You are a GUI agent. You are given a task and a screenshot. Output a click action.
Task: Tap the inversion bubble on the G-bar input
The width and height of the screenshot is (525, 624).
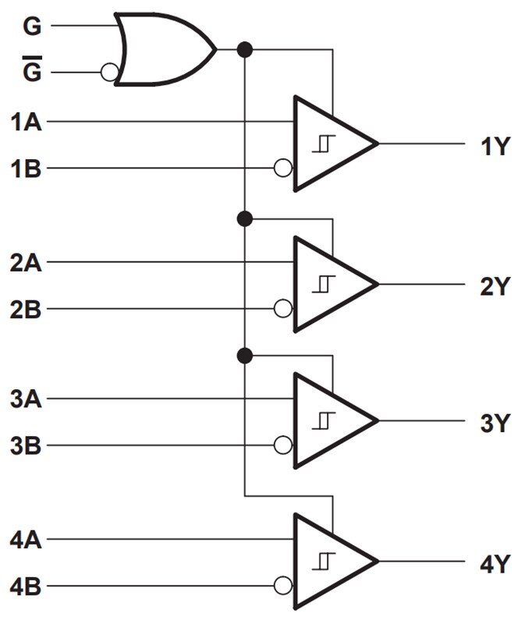coord(110,73)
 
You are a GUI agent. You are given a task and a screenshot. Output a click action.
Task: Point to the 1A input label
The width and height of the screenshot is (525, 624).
coord(26,122)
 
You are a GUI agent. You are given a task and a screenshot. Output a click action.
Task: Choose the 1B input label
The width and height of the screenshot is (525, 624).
coord(26,168)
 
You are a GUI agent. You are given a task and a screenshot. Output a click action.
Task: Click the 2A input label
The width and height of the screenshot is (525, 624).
coord(26,263)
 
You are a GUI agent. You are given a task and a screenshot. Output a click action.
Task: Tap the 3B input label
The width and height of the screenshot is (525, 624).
coord(26,447)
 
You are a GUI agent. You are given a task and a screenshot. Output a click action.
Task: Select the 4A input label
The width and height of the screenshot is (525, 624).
coord(26,539)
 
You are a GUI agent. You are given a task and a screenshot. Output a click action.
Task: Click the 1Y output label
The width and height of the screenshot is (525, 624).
coord(495,145)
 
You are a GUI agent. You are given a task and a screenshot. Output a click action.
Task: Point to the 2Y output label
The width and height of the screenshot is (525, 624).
coord(495,286)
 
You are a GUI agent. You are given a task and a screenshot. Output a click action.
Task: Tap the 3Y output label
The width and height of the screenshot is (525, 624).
coord(495,424)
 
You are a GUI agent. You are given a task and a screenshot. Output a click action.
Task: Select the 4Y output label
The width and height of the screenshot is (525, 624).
coord(495,562)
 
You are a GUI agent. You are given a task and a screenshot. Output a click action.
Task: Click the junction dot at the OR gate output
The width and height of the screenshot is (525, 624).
coord(245,50)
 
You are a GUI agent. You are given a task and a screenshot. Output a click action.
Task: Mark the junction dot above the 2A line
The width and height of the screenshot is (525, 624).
coord(245,218)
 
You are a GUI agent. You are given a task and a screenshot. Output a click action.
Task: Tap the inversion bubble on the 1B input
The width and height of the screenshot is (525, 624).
coord(283,168)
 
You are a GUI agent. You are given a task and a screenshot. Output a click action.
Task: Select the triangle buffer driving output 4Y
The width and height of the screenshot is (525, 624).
coord(332,562)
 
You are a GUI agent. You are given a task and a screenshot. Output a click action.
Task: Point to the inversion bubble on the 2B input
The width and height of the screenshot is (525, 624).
coord(283,309)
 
